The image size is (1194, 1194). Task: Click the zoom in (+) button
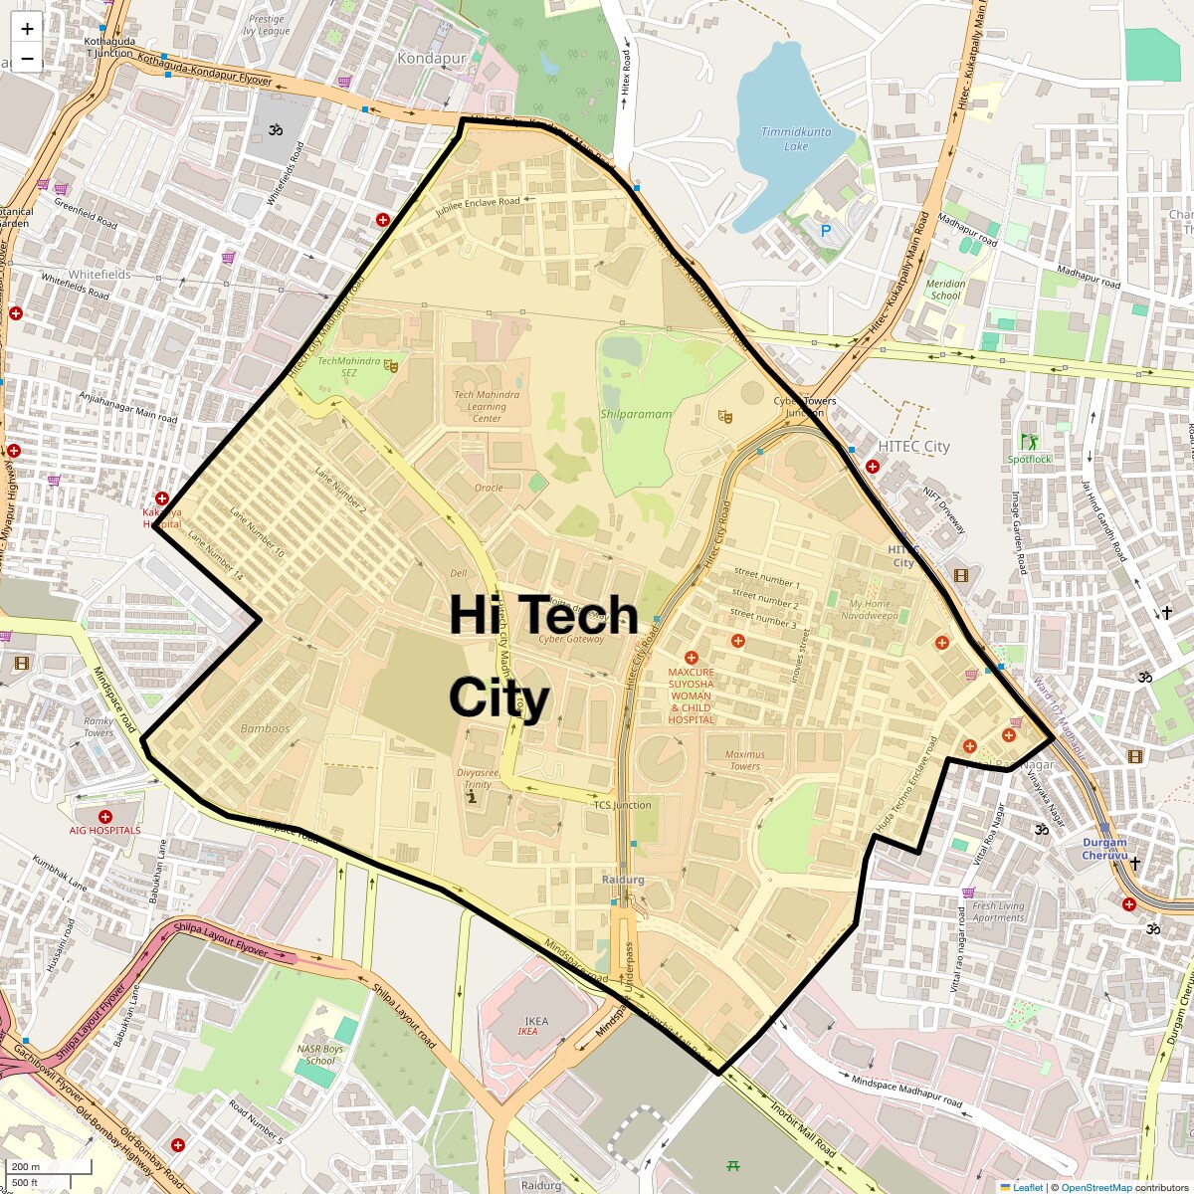point(27,29)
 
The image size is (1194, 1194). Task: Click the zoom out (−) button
point(27,59)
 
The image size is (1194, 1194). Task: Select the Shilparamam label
point(636,414)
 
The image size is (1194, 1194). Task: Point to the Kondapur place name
point(432,59)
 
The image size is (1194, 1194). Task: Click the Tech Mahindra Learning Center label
point(486,406)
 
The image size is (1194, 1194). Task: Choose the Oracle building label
point(489,488)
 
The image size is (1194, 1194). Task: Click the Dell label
point(459,573)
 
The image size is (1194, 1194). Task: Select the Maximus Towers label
point(744,760)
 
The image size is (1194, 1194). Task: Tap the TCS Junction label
point(623,805)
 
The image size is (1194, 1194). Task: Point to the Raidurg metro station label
point(624,880)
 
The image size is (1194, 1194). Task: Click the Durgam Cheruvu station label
point(1104,849)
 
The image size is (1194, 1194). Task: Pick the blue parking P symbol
point(825,230)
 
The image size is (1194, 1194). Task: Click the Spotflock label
point(1029,459)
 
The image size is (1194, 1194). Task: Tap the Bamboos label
point(265,728)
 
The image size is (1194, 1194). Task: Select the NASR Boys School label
point(320,1055)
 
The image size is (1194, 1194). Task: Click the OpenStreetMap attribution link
point(1095,1187)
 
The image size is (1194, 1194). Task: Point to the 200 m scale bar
point(50,1167)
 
